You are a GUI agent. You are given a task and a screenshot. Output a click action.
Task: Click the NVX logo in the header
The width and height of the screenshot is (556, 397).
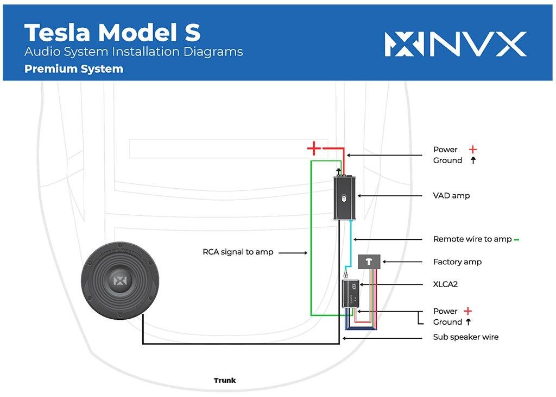coord(455,44)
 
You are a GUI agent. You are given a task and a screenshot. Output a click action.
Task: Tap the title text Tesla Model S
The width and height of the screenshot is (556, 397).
coord(112,33)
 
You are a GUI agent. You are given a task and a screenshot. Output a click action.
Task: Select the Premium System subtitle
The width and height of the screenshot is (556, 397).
coord(74,69)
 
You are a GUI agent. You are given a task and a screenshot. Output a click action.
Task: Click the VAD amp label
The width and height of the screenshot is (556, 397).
coord(451,195)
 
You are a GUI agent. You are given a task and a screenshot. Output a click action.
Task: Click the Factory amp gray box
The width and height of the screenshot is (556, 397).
coord(370,262)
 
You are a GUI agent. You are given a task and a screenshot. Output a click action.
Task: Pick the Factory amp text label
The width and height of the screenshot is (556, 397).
coord(457,262)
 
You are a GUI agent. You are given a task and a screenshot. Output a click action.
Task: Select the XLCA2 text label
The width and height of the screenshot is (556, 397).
coord(445,284)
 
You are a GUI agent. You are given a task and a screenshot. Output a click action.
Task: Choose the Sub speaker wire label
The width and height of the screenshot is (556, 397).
coord(465,337)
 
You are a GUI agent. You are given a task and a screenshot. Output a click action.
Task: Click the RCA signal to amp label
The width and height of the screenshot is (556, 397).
coord(238,252)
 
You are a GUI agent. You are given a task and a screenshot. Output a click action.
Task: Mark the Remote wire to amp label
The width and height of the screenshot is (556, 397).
coord(472,239)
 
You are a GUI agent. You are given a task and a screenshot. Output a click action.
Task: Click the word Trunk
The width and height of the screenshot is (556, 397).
coord(225,381)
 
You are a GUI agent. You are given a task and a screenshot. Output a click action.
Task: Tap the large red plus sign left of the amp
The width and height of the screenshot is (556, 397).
coord(313,148)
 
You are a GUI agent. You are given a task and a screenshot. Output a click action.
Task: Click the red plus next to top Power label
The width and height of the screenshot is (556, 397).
coord(473,149)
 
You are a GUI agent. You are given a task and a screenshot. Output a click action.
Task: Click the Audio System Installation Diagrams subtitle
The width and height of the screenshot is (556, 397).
coord(134,52)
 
